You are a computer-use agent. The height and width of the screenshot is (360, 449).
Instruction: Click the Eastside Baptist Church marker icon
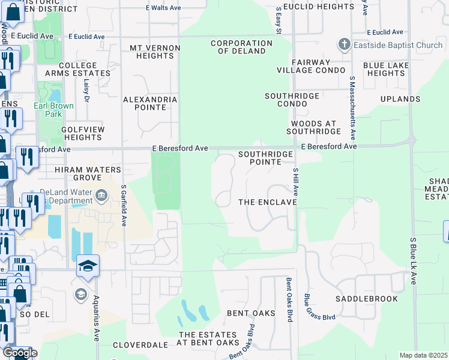[x=344, y=44]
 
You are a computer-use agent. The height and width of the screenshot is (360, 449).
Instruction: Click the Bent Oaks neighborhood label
[x=251, y=313]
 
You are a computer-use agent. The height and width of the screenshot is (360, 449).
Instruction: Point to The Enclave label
[x=268, y=202]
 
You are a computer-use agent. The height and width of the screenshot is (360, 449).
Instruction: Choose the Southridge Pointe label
[x=265, y=158]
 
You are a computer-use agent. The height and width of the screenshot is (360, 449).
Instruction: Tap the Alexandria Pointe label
[x=150, y=103]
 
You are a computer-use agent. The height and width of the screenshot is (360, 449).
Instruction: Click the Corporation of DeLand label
[x=241, y=47]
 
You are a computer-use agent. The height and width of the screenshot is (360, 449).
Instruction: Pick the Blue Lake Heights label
[x=387, y=69]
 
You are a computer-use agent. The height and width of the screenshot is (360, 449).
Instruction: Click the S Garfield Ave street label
[x=124, y=205]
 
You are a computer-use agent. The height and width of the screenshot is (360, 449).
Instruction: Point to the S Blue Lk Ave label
[x=413, y=260]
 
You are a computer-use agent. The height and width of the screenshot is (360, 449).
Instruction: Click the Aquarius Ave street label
[x=96, y=319]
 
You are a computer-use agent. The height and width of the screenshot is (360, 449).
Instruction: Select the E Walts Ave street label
[x=164, y=8]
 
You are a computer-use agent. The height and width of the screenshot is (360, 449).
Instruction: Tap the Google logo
[x=20, y=353]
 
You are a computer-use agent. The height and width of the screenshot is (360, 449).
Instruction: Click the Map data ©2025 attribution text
[x=423, y=355]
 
